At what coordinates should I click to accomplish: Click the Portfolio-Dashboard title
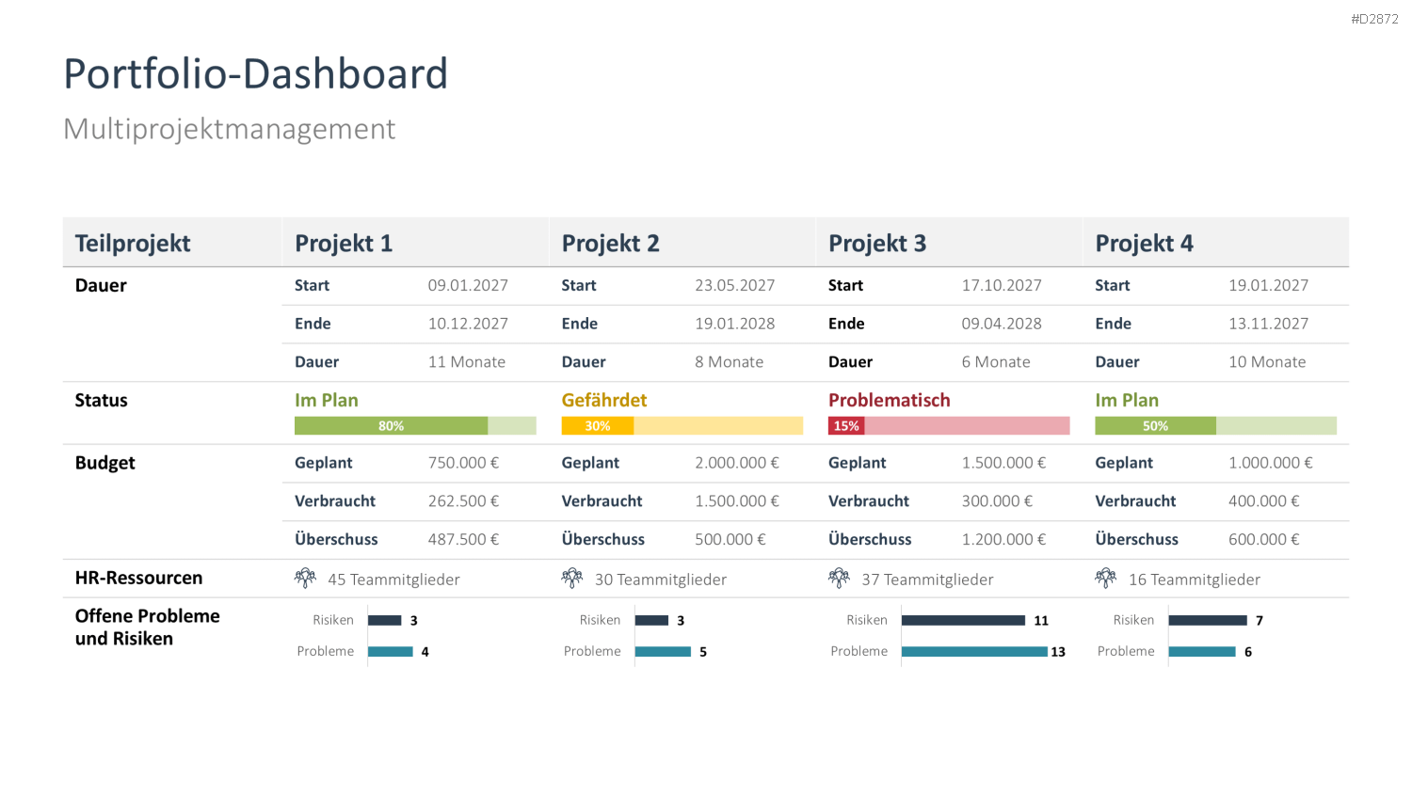255,73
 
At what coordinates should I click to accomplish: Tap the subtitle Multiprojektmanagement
230,130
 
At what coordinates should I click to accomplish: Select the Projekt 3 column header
876,244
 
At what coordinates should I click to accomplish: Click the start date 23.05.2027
734,285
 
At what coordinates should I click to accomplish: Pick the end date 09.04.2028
1001,324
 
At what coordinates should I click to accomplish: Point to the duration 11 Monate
467,362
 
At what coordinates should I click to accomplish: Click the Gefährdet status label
604,400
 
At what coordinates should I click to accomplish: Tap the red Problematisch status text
889,400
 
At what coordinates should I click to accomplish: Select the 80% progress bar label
391,426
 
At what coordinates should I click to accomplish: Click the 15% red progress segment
846,426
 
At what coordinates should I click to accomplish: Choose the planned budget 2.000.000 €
737,463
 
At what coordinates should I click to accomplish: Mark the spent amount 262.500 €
463,501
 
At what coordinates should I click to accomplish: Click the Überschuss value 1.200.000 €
1003,539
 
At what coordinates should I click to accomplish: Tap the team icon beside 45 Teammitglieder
305,578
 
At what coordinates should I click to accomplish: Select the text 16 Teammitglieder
1194,580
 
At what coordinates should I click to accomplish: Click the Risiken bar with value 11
963,621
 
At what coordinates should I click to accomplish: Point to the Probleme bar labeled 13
974,652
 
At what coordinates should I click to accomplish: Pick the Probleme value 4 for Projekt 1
425,652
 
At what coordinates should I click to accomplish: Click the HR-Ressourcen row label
138,578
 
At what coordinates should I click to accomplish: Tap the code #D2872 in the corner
1374,20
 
